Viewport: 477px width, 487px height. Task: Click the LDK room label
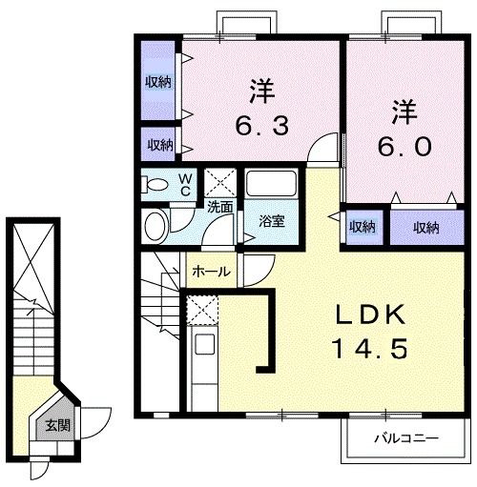coord(371,315)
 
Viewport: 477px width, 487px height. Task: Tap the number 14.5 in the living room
coord(371,348)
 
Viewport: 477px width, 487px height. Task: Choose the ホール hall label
coord(210,272)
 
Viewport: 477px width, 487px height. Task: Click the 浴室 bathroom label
coord(272,221)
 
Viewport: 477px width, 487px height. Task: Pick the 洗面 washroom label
coord(220,205)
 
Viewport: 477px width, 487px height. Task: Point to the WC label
coord(186,183)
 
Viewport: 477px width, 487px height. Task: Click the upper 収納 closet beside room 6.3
coord(158,82)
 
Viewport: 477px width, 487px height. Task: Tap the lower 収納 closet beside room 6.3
coord(158,145)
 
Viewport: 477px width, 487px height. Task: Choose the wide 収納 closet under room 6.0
coord(425,227)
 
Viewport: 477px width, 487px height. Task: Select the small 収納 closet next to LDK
coord(362,227)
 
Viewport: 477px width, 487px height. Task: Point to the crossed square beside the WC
coord(221,180)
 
